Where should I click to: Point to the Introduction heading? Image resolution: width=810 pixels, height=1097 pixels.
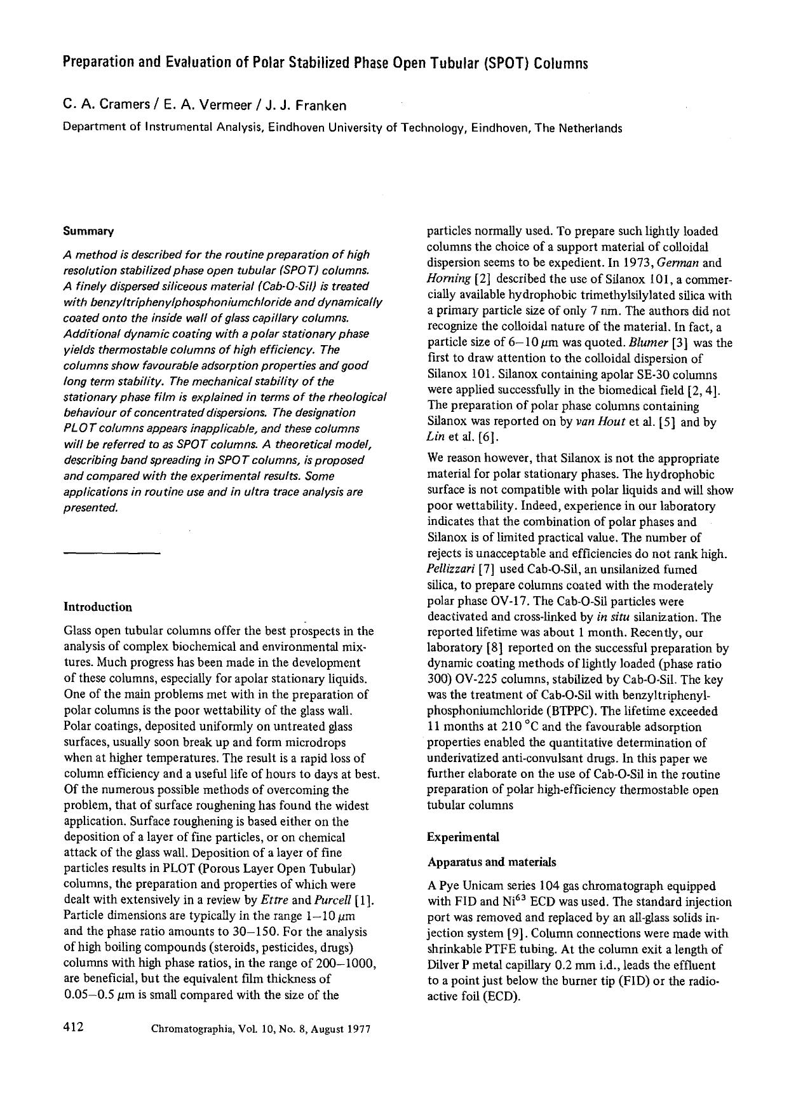click(98, 607)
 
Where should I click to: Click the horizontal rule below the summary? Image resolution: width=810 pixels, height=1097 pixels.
click(112, 553)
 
